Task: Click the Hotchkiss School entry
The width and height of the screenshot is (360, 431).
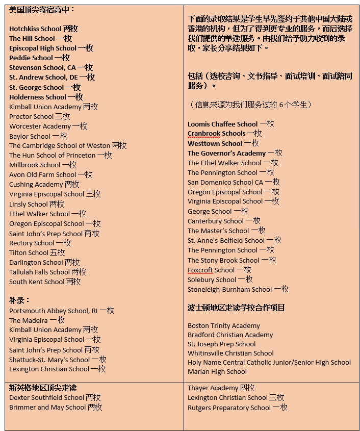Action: pos(43,29)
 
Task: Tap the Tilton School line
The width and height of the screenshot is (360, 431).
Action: pos(37,252)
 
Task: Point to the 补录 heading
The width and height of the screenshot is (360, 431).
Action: pos(20,300)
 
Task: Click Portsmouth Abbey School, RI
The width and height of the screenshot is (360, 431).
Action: pos(61,311)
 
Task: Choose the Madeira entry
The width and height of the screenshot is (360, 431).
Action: pos(37,320)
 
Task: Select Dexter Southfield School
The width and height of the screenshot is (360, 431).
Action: pos(55,397)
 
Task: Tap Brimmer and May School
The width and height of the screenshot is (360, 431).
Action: pos(56,407)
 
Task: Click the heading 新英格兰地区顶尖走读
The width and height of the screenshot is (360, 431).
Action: pos(43,388)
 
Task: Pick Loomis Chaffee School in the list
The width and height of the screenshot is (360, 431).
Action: pos(230,124)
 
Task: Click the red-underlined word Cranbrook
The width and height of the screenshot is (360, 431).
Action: pos(204,134)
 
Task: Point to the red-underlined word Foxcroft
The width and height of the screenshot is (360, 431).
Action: pos(200,270)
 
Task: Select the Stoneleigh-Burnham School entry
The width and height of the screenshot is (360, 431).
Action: pos(238,289)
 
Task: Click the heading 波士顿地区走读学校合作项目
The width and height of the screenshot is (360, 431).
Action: pos(236,308)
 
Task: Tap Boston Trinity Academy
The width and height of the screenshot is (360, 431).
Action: pos(224,325)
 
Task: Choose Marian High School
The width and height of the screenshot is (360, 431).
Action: pos(217,371)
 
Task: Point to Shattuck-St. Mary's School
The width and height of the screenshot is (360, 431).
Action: pos(57,359)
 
